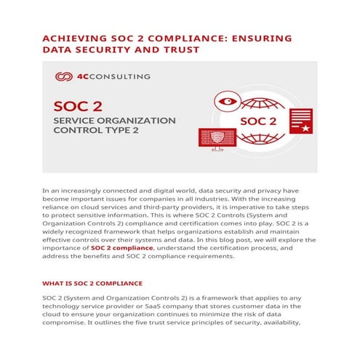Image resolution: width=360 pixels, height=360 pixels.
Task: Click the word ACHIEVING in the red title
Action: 77,39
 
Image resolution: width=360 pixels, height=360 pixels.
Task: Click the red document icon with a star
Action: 305,121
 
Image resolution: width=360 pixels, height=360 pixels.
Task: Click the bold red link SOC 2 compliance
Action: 121,248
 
